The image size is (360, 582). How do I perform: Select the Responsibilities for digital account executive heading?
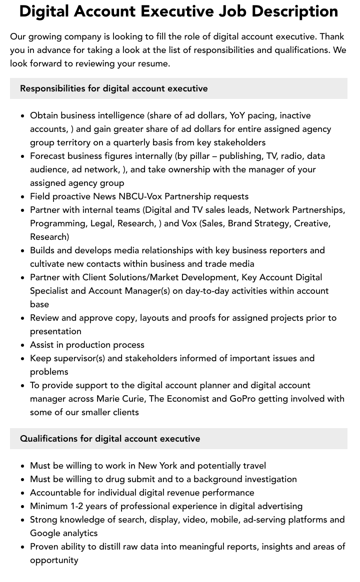point(113,88)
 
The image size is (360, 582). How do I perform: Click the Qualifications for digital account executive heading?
point(110,439)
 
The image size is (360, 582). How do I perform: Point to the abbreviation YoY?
point(237,115)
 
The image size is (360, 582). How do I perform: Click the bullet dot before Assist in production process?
point(23,345)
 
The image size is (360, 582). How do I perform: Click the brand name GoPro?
point(243,399)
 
